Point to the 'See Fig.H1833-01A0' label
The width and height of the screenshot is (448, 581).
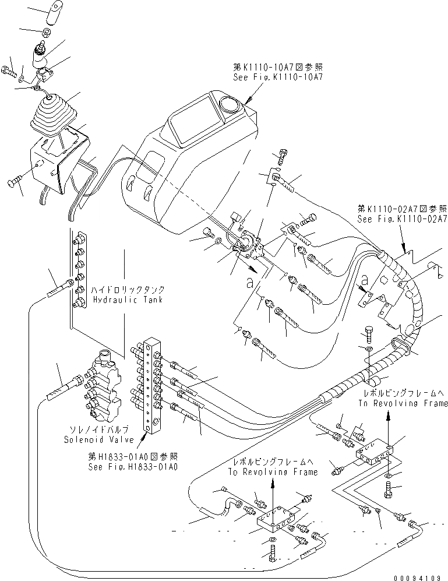[133, 466]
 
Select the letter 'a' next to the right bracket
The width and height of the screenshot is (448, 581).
[364, 281]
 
